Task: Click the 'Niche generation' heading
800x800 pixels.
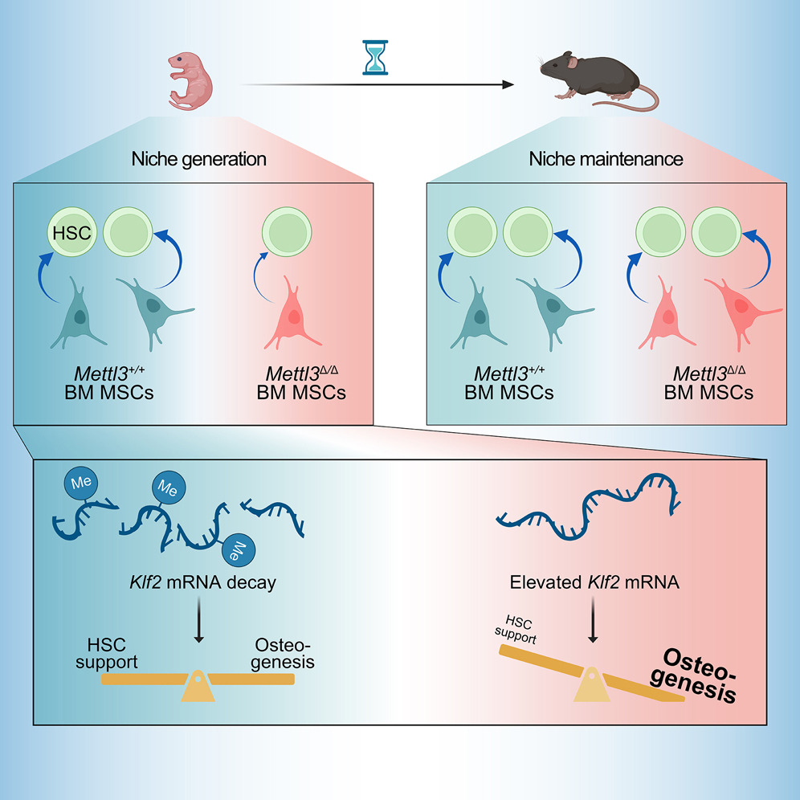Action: tap(198, 159)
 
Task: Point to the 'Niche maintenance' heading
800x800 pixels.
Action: tap(606, 159)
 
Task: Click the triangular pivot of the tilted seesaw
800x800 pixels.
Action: tap(593, 686)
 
